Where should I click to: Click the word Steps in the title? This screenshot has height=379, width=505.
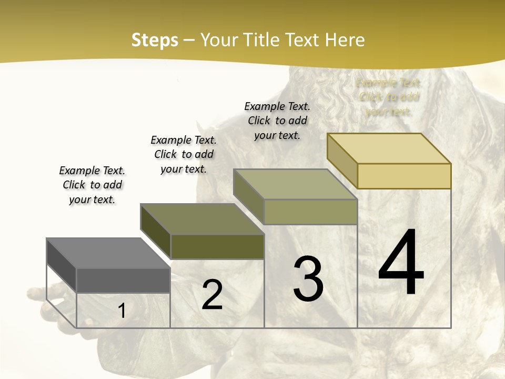pyautogui.click(x=154, y=40)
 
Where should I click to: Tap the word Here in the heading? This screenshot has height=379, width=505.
pyautogui.click(x=345, y=40)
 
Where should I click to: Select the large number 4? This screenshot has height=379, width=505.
pyautogui.click(x=401, y=263)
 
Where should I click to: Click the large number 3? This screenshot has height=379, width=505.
pyautogui.click(x=308, y=279)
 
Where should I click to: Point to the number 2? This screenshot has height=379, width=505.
pyautogui.click(x=212, y=295)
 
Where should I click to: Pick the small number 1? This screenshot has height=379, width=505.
pyautogui.click(x=122, y=311)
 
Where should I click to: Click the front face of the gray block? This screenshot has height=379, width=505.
pyautogui.click(x=123, y=280)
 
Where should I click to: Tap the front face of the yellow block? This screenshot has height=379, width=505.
pyautogui.click(x=404, y=176)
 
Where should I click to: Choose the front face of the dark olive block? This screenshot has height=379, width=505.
pyautogui.click(x=217, y=246)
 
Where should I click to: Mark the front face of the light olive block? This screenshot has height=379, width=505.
pyautogui.click(x=310, y=212)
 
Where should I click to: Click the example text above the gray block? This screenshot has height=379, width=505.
pyautogui.click(x=92, y=185)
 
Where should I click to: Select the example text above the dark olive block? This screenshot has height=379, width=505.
pyautogui.click(x=184, y=154)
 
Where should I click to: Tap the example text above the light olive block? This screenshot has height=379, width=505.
pyautogui.click(x=277, y=121)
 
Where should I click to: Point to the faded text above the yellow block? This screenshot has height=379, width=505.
pyautogui.click(x=388, y=97)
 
